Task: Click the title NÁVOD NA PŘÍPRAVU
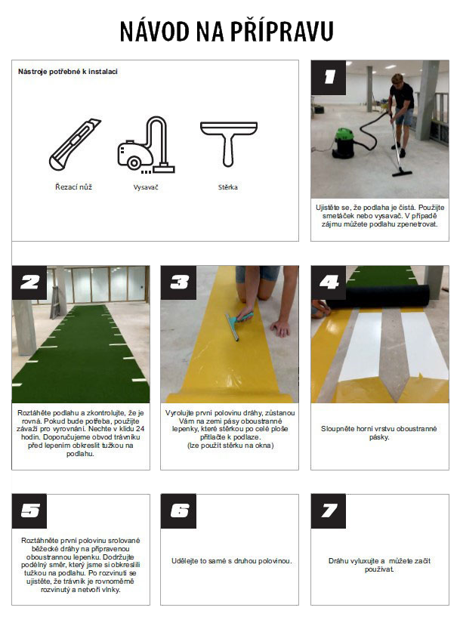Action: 227,31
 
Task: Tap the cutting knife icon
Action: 75,145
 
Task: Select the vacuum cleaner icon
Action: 146,145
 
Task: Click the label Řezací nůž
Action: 73,187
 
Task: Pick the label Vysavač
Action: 146,187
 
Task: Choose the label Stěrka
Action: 228,187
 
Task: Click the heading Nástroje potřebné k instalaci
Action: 68,72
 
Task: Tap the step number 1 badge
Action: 329,78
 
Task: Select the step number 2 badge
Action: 29,282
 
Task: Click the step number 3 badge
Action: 178,282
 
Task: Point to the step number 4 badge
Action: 329,282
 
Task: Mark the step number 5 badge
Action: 29,510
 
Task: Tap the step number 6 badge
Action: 178,510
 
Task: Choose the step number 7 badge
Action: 329,510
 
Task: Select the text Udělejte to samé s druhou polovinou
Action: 231,561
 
